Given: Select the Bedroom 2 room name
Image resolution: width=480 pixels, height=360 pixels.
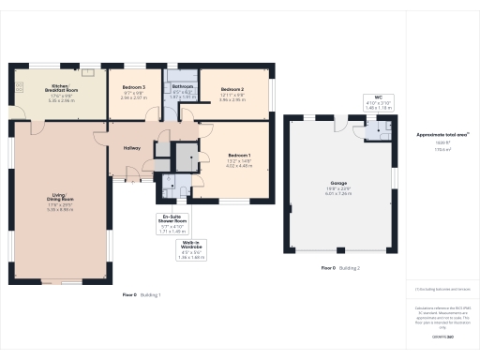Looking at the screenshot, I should click(x=232, y=86).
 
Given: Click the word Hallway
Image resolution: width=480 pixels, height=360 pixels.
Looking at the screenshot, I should click(x=130, y=148).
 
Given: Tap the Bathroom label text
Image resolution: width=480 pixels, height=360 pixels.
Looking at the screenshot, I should click(x=183, y=86).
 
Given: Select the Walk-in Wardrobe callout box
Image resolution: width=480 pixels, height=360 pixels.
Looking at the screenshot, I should click(x=191, y=250).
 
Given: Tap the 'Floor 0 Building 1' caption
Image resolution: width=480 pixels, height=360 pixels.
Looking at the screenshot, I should click(x=142, y=295).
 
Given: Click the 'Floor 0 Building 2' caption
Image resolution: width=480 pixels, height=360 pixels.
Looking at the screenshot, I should click(x=340, y=268).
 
